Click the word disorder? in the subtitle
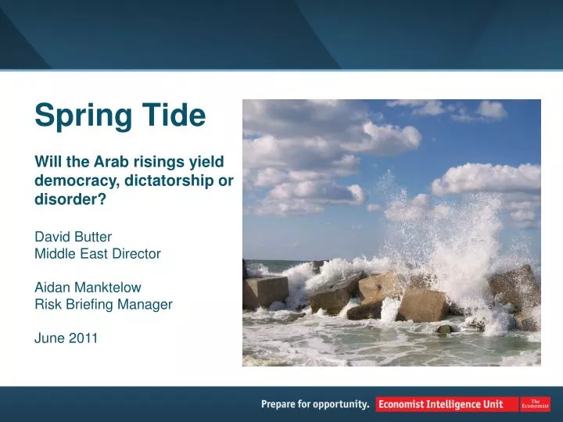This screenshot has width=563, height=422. (x=70, y=198)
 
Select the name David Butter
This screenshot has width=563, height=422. (x=73, y=236)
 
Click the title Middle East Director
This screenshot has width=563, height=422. (x=98, y=253)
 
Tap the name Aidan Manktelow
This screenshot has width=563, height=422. (x=88, y=288)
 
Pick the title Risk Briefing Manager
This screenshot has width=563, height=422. (x=103, y=305)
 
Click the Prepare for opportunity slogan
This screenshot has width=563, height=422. (x=315, y=404)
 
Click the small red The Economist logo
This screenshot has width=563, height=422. (x=536, y=404)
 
